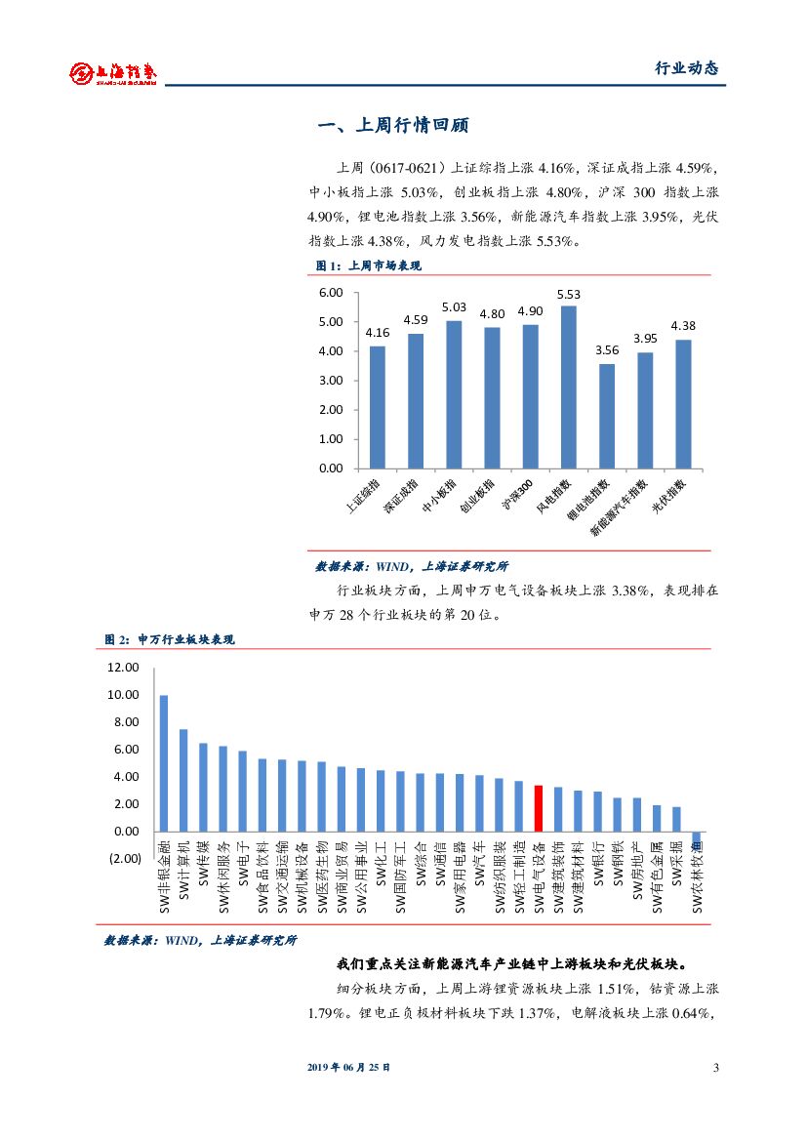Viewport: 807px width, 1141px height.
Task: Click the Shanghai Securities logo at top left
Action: point(114,73)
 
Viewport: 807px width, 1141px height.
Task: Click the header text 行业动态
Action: point(686,68)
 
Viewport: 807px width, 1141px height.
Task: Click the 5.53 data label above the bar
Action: point(568,294)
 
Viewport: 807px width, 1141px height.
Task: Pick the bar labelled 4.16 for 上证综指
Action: point(377,407)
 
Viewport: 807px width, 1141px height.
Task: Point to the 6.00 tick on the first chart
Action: point(331,293)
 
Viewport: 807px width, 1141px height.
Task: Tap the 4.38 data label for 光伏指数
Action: point(683,326)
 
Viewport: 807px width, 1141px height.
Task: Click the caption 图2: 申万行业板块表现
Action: point(170,639)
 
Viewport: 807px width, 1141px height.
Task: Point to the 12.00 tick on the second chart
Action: point(124,668)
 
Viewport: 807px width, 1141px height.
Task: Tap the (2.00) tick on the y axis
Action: point(125,859)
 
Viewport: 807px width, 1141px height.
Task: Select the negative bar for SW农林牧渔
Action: point(697,840)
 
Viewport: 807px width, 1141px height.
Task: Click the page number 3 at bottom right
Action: point(715,1068)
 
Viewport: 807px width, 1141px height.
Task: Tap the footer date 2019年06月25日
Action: point(348,1068)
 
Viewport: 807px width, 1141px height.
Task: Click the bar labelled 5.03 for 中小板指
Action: point(453,394)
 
